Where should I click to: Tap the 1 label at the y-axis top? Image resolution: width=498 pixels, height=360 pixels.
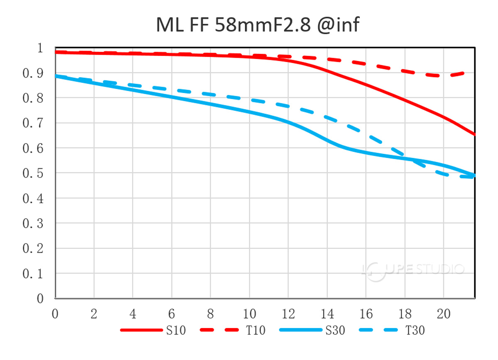(40, 48)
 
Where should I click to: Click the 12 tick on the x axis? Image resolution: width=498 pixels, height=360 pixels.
(288, 314)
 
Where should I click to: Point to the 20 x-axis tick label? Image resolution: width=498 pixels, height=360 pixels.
(443, 314)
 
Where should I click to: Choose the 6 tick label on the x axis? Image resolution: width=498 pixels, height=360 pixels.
(171, 314)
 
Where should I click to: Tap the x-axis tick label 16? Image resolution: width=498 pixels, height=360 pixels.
(366, 314)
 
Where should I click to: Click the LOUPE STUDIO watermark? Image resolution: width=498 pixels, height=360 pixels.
(413, 269)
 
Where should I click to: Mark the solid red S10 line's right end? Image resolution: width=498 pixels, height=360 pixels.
(474, 134)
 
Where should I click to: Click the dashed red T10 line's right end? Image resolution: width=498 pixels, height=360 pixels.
(473, 73)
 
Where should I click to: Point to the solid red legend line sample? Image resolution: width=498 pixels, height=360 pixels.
(141, 330)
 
